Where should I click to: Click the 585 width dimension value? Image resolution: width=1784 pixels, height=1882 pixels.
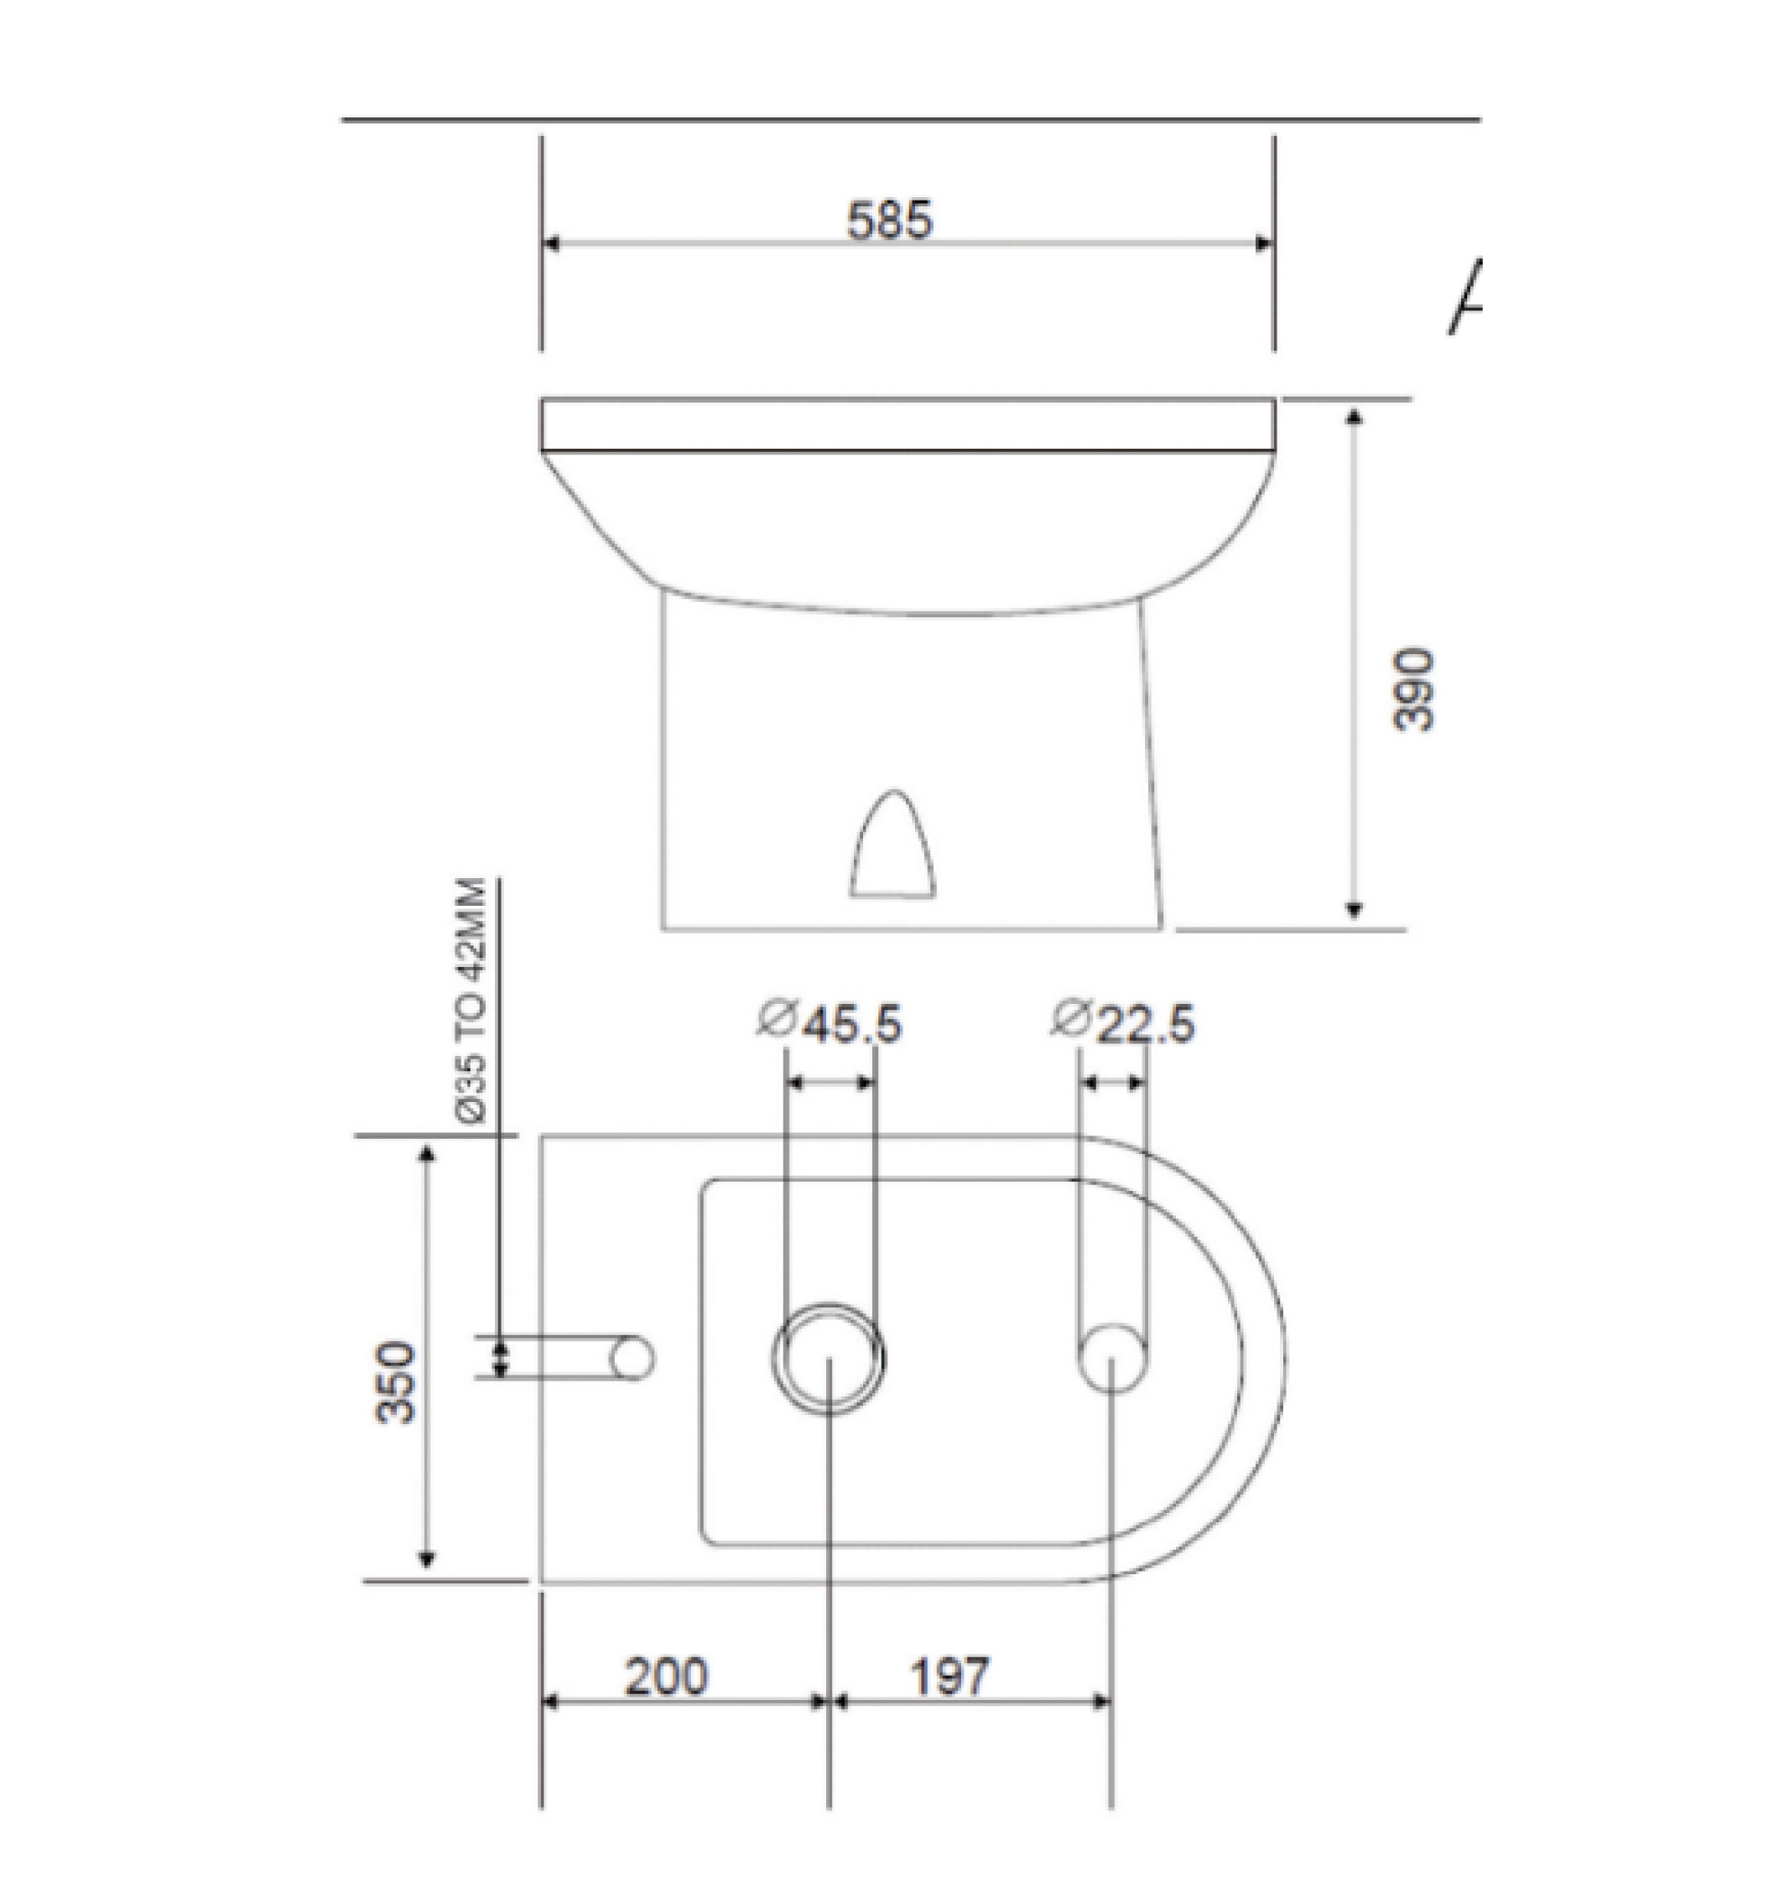point(889,221)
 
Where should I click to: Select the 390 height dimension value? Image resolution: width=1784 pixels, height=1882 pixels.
point(1413,689)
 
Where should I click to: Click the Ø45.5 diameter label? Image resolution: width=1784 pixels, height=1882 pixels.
point(830,1023)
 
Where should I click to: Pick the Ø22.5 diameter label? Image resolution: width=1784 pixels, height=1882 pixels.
point(1124,1023)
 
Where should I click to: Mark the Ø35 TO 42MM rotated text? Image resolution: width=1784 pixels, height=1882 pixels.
point(471,1001)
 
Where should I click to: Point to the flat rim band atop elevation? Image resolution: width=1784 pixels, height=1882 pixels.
point(908,424)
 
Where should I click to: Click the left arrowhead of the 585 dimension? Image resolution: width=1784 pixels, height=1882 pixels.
point(549,243)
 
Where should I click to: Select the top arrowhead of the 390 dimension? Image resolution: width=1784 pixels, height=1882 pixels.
point(1355,416)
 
